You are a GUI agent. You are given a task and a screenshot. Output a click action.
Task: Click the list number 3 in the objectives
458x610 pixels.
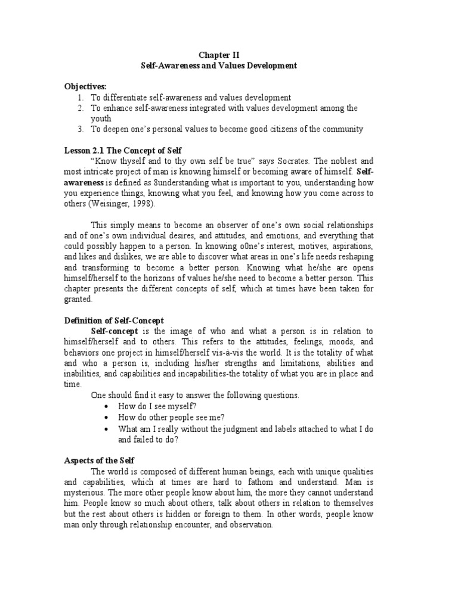[x=81, y=129]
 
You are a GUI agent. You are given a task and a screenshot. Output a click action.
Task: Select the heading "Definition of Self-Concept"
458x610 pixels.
[x=114, y=320]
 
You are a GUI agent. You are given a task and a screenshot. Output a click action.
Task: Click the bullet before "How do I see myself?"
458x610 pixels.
[x=106, y=406]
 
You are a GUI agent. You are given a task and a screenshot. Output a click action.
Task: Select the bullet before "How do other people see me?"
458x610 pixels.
[x=106, y=417]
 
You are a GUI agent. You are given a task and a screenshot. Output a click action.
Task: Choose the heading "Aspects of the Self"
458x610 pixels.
[x=99, y=460]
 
